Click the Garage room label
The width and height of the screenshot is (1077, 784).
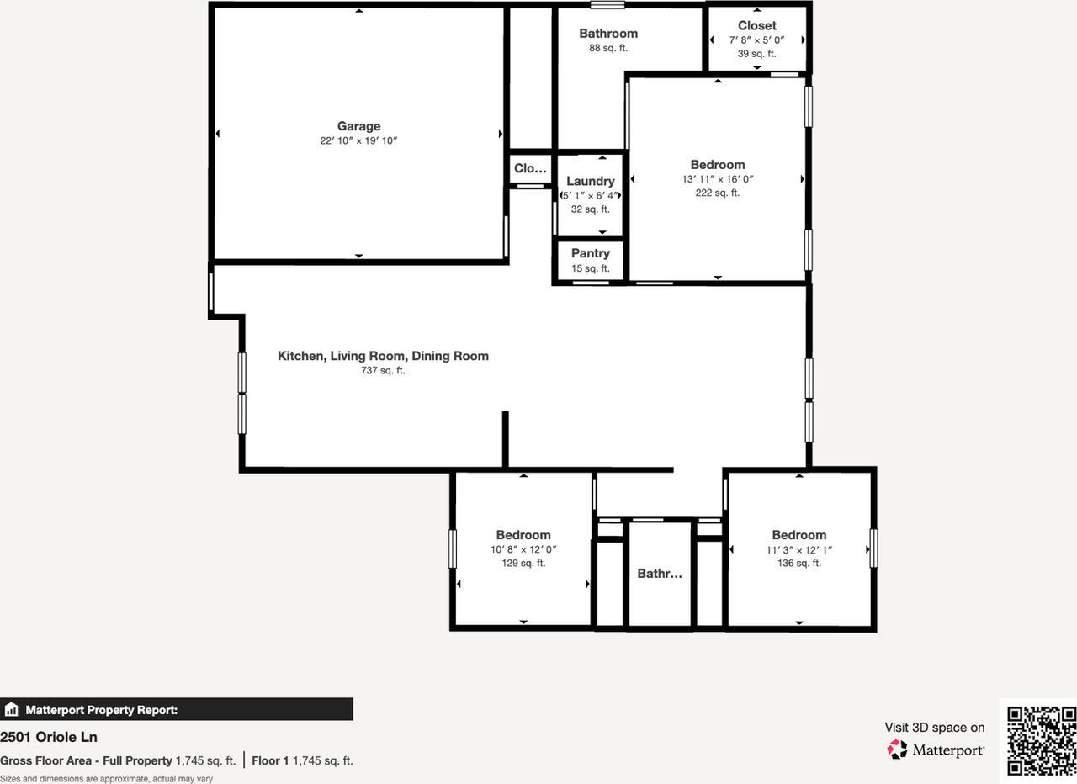pyautogui.click(x=358, y=126)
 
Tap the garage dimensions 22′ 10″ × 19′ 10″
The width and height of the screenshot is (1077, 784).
pyautogui.click(x=358, y=141)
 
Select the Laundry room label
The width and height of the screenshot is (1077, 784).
pyautogui.click(x=590, y=181)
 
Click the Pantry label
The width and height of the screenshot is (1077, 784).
pyautogui.click(x=590, y=253)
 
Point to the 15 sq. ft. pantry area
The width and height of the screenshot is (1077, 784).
pyautogui.click(x=590, y=268)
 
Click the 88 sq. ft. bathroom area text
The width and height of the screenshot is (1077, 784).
pyautogui.click(x=607, y=49)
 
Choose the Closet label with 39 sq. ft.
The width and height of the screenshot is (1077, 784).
pyautogui.click(x=756, y=25)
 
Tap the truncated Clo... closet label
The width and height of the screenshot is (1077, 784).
pyautogui.click(x=530, y=168)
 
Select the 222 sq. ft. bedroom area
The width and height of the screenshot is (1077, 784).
pyautogui.click(x=718, y=193)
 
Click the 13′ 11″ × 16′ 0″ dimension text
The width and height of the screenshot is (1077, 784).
pyautogui.click(x=718, y=179)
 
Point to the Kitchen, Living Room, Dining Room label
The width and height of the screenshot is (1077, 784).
pyautogui.click(x=383, y=356)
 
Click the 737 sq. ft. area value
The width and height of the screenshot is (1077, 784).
pyautogui.click(x=383, y=370)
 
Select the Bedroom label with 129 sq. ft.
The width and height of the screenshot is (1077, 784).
pyautogui.click(x=523, y=535)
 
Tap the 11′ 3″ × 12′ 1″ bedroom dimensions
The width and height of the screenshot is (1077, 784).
pyautogui.click(x=798, y=549)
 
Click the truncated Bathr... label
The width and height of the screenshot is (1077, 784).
pyautogui.click(x=660, y=574)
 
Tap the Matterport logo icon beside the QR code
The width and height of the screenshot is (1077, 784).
pyautogui.click(x=898, y=749)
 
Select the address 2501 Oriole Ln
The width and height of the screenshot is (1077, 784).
pyautogui.click(x=49, y=737)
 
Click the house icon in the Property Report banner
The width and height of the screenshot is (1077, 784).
pyautogui.click(x=11, y=709)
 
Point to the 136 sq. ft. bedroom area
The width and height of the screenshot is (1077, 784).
pyautogui.click(x=798, y=564)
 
